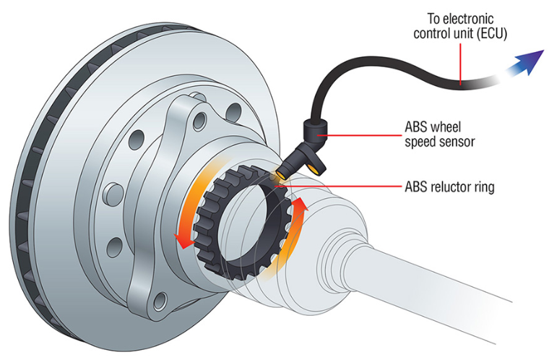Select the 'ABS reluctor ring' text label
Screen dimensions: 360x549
click(449, 186)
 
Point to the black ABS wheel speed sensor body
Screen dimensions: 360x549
click(315, 132)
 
